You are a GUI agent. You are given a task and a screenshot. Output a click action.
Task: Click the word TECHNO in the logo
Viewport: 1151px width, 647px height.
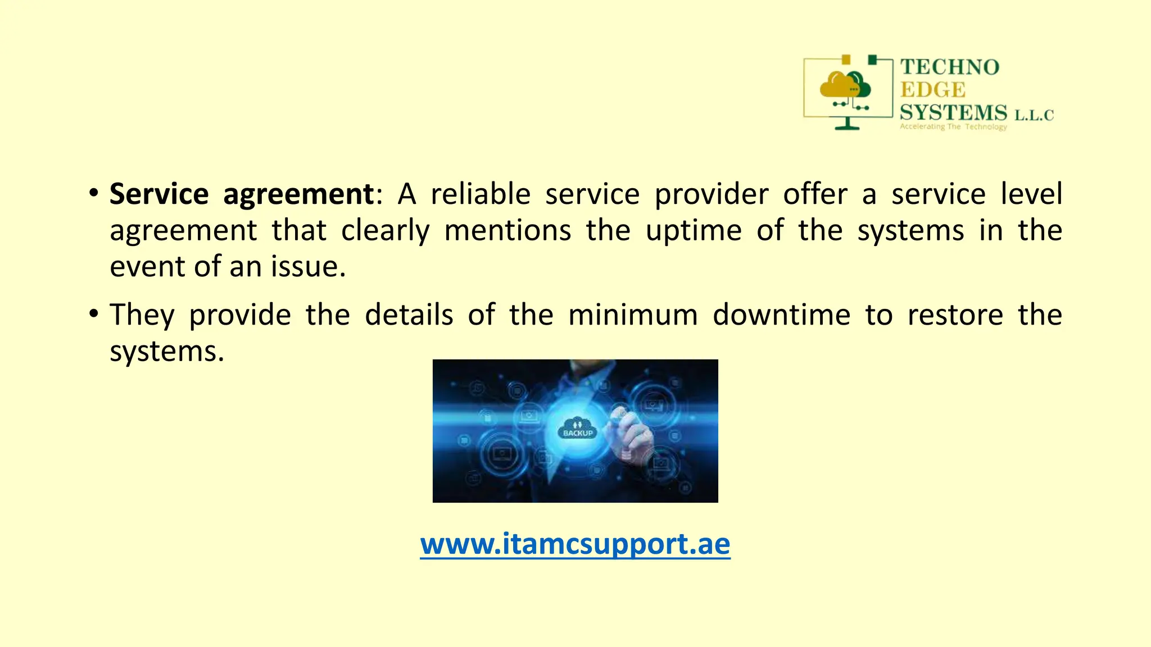point(950,67)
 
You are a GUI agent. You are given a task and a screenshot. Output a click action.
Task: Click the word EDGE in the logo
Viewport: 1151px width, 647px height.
point(933,90)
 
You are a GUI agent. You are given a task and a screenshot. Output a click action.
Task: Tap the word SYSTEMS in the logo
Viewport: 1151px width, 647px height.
point(954,113)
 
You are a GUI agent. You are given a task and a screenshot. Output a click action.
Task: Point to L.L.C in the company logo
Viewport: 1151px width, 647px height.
point(1034,116)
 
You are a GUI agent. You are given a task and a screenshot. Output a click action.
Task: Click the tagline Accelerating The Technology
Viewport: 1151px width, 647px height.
point(953,127)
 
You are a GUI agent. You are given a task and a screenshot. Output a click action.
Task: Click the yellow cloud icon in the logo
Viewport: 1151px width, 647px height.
point(837,86)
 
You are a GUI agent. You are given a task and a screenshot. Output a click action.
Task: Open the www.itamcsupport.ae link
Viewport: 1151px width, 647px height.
point(575,544)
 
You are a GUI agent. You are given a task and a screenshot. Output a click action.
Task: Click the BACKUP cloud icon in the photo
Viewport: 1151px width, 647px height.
point(578,428)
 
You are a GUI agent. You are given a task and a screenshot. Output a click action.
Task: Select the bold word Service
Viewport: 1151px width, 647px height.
point(159,194)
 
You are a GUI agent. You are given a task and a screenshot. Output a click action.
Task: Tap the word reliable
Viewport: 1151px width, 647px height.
point(481,194)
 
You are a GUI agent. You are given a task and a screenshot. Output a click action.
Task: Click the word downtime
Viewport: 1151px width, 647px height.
point(781,315)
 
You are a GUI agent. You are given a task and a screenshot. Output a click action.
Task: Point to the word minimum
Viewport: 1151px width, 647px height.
point(633,315)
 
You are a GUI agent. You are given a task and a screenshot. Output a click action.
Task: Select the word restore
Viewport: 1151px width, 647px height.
point(955,315)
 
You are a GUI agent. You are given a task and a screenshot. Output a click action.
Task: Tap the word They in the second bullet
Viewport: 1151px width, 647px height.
point(142,315)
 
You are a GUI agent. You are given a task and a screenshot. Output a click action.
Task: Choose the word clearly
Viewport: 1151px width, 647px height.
point(385,231)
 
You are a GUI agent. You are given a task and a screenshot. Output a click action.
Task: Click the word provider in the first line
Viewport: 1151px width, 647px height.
point(712,194)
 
